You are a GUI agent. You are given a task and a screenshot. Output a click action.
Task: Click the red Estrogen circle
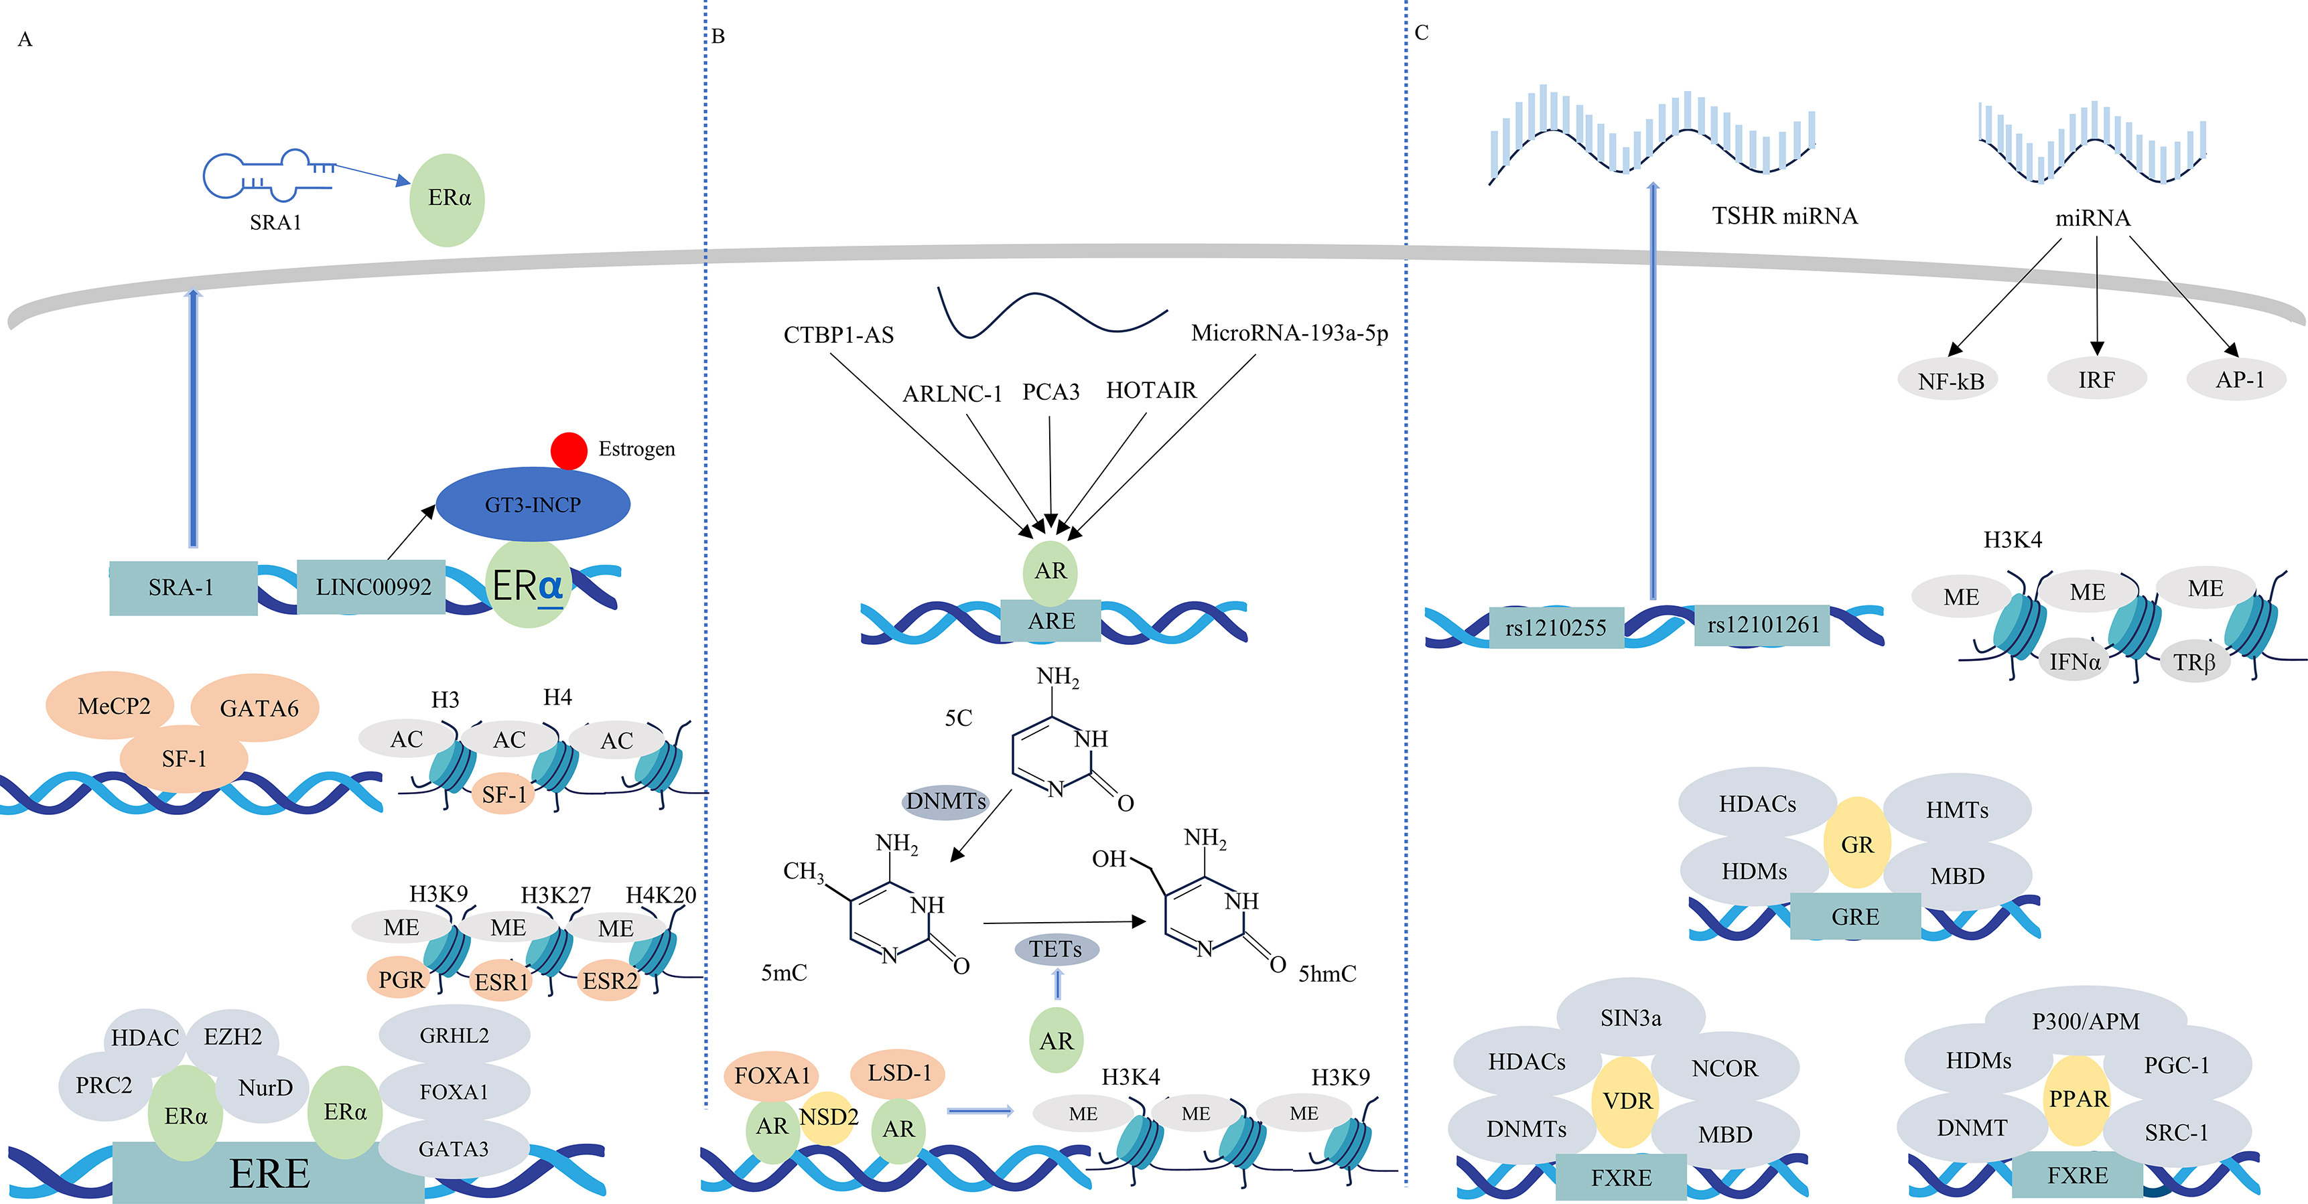point(568,451)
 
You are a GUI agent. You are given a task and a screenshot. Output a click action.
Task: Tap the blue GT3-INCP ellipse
point(533,504)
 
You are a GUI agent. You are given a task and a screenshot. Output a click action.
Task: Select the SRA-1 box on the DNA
point(182,588)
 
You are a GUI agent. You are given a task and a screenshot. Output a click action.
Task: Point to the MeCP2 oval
point(114,706)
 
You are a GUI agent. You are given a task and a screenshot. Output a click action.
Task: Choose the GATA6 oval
point(258,708)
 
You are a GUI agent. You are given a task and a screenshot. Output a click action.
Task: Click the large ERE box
point(269,1173)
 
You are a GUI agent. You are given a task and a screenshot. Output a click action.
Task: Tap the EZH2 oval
point(233,1037)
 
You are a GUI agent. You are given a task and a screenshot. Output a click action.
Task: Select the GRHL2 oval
point(454,1035)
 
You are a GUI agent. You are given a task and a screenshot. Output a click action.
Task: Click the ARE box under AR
point(1051,621)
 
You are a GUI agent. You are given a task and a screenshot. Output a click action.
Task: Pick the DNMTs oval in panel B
point(945,801)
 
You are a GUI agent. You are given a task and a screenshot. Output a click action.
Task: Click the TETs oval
point(1055,950)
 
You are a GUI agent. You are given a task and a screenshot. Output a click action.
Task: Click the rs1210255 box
point(1556,627)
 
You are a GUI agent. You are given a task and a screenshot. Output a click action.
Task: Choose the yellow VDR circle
point(1626,1102)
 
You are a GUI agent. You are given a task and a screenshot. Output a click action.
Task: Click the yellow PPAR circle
point(2078,1099)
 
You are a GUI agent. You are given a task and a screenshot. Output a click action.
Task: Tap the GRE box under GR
point(1854,917)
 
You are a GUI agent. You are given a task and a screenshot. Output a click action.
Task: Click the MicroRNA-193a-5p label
point(1289,333)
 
